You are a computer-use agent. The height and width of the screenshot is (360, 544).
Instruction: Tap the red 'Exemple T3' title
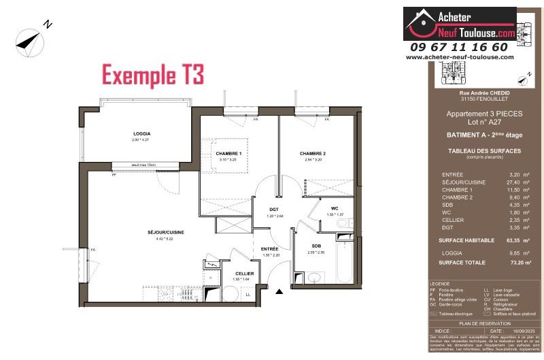tap(152, 73)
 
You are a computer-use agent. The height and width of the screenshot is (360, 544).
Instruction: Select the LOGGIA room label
tap(141, 133)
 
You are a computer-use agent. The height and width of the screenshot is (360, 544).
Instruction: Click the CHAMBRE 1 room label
tap(229, 154)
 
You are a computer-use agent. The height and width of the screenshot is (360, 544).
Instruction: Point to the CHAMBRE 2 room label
tap(313, 154)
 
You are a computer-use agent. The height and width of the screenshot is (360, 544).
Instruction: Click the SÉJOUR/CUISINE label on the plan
tap(166, 232)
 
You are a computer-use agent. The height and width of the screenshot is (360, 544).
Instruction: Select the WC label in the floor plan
tap(335, 208)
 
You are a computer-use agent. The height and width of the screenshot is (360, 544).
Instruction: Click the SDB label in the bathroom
tap(316, 246)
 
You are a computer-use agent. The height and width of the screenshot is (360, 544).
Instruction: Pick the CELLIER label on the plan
tap(245, 274)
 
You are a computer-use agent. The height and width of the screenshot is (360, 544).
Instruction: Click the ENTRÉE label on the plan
tap(271, 249)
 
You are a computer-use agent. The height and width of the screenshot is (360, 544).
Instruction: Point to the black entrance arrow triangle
tap(279, 293)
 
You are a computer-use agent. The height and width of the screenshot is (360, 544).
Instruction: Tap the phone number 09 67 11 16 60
tap(459, 47)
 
